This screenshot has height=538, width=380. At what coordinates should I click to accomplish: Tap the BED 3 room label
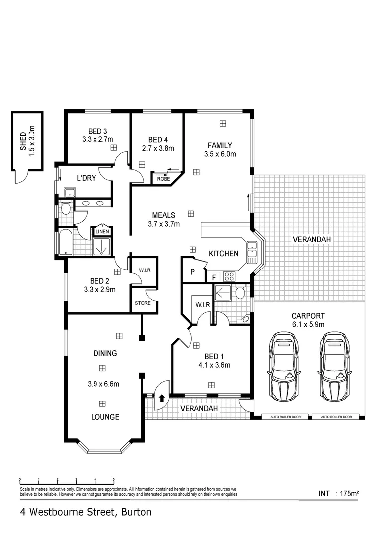[x=97, y=132]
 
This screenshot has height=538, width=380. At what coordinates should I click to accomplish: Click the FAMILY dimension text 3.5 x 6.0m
[x=220, y=154]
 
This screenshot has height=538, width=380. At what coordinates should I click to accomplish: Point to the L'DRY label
[x=86, y=178]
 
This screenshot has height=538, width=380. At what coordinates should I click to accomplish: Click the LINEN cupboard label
[x=102, y=232]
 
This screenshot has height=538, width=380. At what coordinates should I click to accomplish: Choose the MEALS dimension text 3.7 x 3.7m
[x=164, y=224]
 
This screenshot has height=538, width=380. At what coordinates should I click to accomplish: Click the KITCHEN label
[x=223, y=254]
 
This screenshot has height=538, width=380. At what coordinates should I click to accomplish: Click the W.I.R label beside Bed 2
[x=144, y=270]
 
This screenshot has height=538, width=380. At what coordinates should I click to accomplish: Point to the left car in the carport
[x=285, y=365]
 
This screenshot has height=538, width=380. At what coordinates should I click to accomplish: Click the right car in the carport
[x=334, y=365]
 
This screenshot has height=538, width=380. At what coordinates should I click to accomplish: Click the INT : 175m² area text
[x=339, y=494]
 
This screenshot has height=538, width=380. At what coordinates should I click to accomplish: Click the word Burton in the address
[x=135, y=511]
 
